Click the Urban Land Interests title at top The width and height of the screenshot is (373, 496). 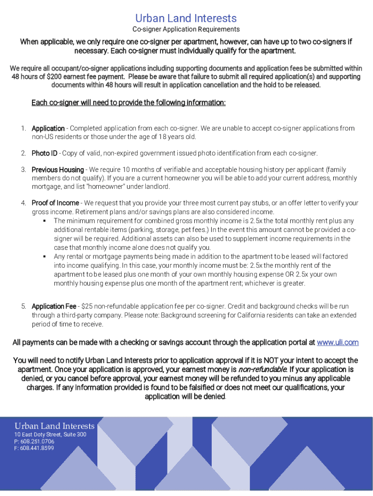(186, 18)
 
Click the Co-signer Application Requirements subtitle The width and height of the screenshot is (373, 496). (186, 30)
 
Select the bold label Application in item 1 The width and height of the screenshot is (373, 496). (48, 128)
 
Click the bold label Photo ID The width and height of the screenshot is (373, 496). (44, 153)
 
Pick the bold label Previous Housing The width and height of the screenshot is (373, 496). (58, 170)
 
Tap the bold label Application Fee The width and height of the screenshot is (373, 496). (54, 306)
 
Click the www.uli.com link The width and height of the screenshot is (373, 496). (337, 342)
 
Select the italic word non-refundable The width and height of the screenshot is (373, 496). (260, 370)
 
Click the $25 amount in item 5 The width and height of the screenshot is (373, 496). (87, 306)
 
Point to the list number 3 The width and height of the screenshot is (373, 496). (23, 170)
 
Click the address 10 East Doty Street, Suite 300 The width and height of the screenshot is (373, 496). (50, 435)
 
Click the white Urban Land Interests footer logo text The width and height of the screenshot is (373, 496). (54, 426)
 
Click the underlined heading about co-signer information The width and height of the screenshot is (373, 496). (128, 103)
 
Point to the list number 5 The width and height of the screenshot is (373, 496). (23, 306)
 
